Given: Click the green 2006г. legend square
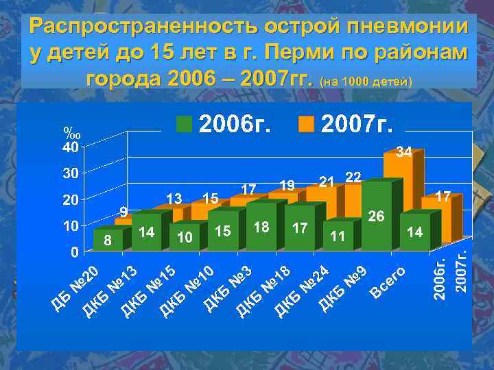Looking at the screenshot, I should [x=185, y=123].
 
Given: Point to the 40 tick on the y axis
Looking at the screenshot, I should [x=70, y=147].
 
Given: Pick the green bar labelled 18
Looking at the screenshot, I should [x=261, y=225].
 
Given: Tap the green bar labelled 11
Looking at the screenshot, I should [x=337, y=233].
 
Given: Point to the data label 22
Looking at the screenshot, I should [x=353, y=177].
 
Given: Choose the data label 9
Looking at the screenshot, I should [x=123, y=210].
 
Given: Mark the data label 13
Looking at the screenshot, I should [x=174, y=198].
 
